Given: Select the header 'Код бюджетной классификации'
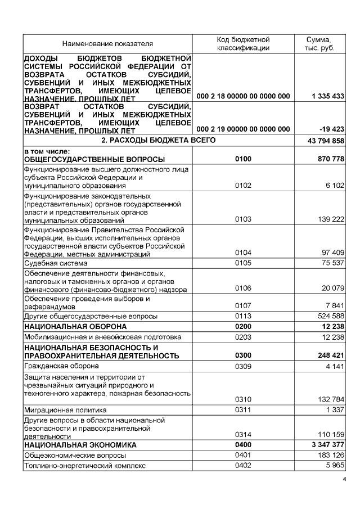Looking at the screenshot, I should coord(243,44).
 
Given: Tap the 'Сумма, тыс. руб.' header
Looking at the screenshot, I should coord(318,44).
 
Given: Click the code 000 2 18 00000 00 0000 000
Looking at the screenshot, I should coord(243,96).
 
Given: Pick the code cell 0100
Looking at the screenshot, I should coord(243,160).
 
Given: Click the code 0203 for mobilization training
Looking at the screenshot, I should coord(243,337).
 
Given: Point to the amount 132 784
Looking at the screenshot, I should coord(330,399).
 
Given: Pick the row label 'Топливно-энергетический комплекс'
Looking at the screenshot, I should coord(84,466).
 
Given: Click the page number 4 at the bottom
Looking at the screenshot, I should coord(345,480).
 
